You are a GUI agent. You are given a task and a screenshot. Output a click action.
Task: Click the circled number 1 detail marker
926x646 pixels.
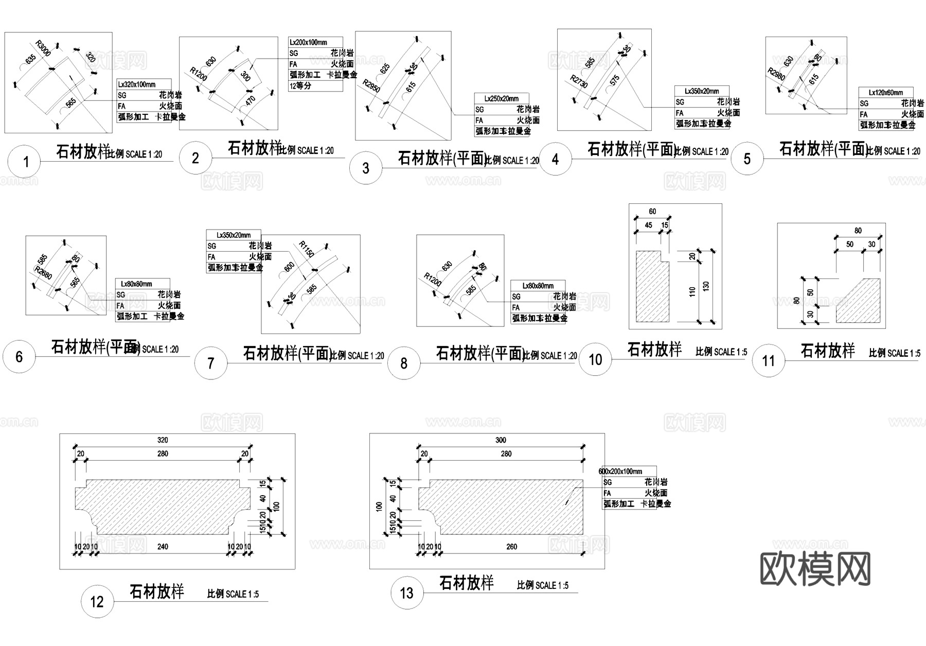24,162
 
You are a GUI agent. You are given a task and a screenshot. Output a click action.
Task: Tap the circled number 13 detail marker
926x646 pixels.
406,593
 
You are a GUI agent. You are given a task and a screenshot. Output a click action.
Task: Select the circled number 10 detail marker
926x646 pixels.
595,359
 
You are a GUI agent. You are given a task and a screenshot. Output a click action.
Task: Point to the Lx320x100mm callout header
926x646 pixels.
137,84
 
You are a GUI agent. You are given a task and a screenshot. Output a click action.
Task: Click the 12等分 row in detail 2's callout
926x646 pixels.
300,86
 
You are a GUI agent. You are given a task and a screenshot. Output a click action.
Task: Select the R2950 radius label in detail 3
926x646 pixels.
371,86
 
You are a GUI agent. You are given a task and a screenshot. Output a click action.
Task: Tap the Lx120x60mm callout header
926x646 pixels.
886,93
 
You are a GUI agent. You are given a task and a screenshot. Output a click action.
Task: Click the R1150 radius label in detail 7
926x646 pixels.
307,249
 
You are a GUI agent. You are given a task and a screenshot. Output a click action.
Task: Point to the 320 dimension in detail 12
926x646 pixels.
163,440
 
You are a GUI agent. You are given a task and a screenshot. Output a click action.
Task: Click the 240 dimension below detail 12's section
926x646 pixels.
163,547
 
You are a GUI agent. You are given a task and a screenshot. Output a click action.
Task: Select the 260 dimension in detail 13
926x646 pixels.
511,547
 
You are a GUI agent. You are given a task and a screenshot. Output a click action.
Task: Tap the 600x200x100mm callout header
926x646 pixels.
620,471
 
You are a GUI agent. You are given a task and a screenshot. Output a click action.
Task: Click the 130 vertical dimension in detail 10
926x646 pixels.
706,286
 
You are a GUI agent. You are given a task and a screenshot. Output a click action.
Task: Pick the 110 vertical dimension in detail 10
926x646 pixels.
692,291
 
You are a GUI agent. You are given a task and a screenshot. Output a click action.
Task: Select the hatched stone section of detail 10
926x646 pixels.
651,288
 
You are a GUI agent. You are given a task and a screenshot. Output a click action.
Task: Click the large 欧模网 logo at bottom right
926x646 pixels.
815,569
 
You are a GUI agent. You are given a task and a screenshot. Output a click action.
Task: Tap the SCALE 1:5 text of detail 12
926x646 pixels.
233,594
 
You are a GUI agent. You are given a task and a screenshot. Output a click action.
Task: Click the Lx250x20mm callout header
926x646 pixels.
501,98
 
